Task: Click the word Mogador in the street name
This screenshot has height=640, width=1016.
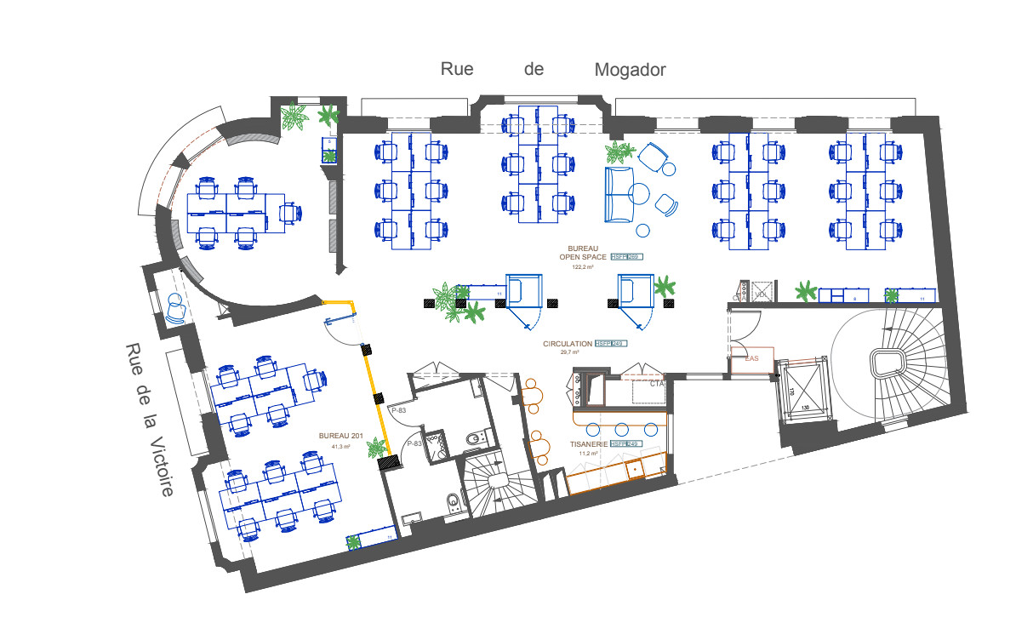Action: tap(630, 70)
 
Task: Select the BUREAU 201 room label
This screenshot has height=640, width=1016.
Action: tap(341, 436)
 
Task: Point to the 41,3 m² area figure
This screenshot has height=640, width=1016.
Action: tap(340, 446)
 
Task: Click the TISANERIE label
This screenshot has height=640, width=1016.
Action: tap(588, 444)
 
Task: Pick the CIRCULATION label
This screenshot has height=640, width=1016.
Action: tap(568, 344)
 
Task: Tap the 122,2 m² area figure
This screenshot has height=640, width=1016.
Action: tap(583, 266)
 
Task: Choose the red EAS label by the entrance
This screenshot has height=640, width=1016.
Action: tap(751, 358)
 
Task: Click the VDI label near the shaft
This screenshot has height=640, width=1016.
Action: tap(761, 294)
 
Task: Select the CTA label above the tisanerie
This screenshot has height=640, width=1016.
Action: tap(656, 384)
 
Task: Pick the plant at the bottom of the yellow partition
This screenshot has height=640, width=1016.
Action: tap(374, 446)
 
